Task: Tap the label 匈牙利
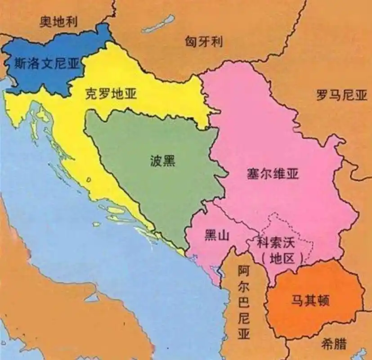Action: (x=204, y=42)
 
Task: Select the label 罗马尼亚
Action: (x=341, y=95)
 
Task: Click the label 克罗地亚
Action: (x=111, y=94)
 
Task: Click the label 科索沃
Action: (x=275, y=243)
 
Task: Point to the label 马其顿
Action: (x=310, y=300)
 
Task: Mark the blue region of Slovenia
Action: (x=40, y=76)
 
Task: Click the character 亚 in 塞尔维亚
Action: (x=292, y=174)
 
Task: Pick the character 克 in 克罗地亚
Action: (x=90, y=94)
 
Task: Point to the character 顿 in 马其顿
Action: (x=323, y=300)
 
